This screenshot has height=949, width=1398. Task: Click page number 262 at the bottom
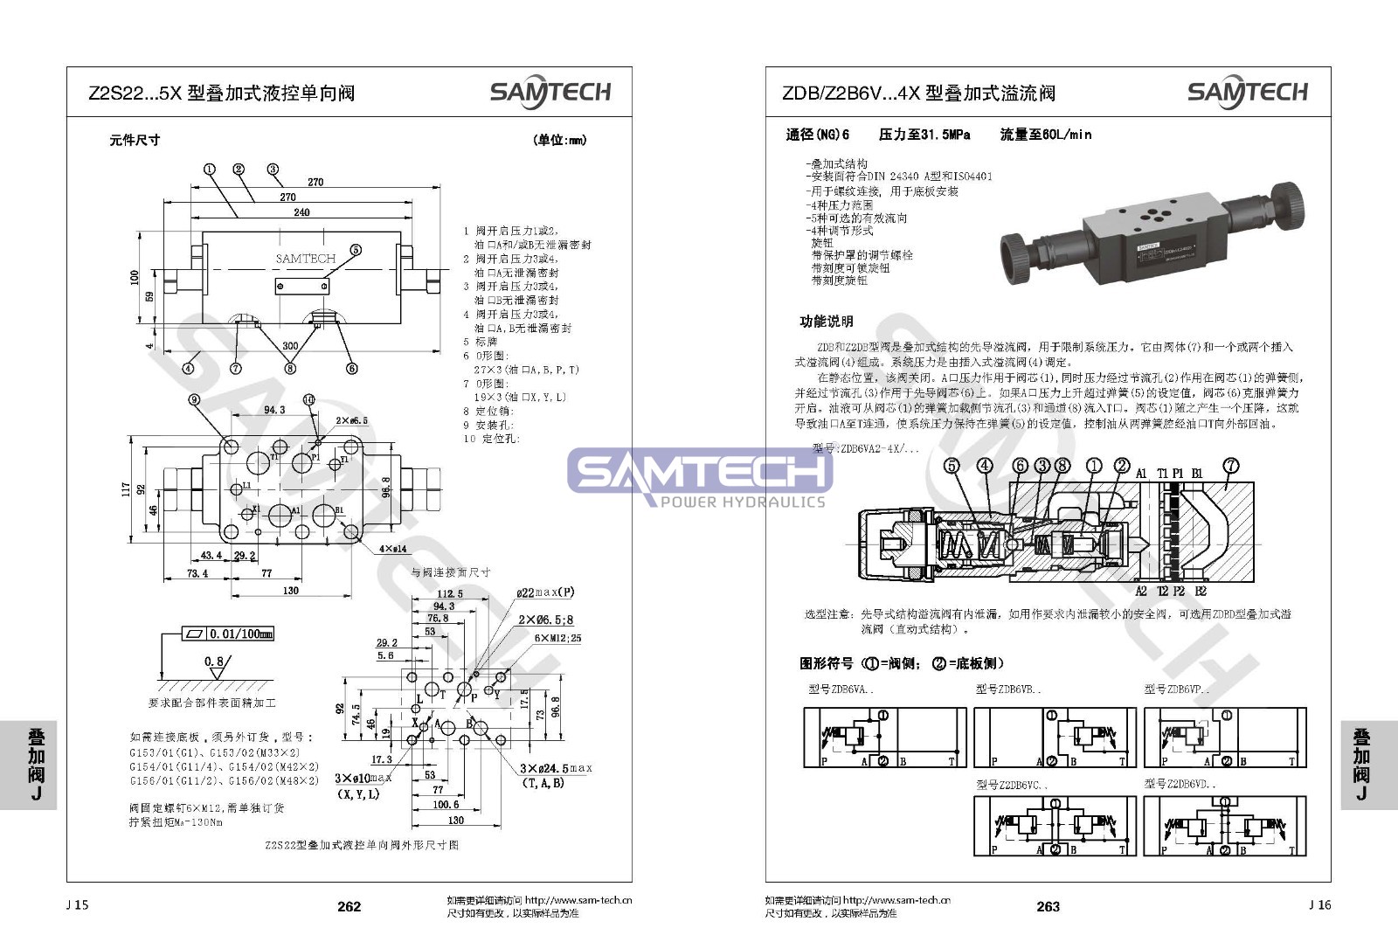(x=349, y=906)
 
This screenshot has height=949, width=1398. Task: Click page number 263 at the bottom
(x=1048, y=906)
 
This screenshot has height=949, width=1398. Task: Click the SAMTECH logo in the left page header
(x=550, y=93)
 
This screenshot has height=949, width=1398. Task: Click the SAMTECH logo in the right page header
(x=1247, y=93)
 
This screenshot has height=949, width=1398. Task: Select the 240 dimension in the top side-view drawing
(x=301, y=212)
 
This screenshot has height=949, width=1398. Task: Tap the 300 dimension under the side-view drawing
(x=290, y=346)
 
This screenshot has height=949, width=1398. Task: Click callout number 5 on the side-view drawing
(x=356, y=250)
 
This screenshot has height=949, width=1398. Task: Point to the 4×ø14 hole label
(x=392, y=549)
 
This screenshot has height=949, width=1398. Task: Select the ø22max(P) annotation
(x=545, y=592)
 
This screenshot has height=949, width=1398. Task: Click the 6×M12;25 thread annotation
(x=557, y=638)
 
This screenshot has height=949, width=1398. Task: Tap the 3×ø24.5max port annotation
(x=556, y=769)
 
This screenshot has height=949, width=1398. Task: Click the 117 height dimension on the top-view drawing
(x=127, y=489)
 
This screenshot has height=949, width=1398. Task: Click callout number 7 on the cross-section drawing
(x=1230, y=466)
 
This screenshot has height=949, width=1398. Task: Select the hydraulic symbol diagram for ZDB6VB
(x=1055, y=738)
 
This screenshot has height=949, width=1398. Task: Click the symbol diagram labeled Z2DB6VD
(x=1225, y=825)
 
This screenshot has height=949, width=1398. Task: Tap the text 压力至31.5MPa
(x=924, y=135)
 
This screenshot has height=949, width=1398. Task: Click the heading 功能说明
(x=827, y=322)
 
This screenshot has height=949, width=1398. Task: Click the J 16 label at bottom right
(x=1319, y=904)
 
